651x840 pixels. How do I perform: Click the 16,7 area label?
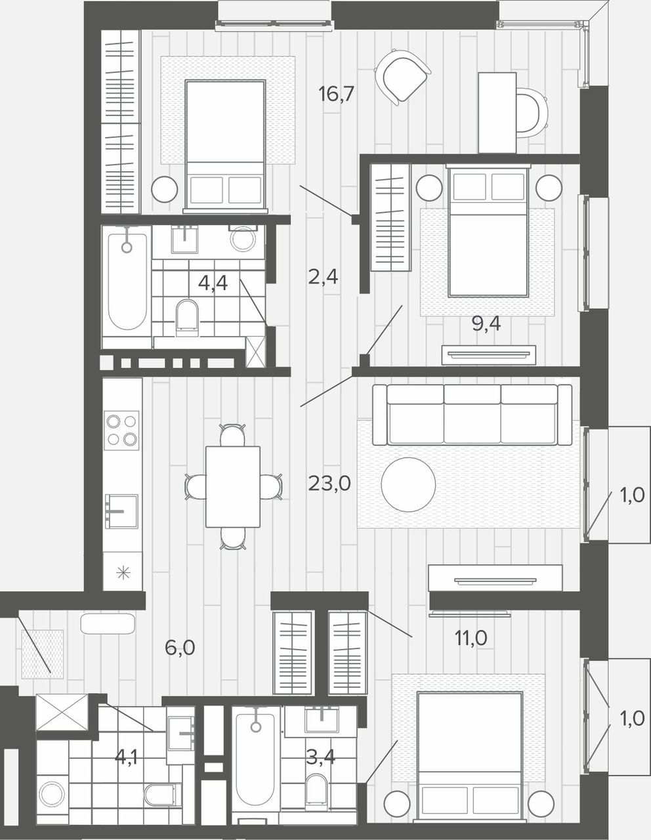tap(336, 94)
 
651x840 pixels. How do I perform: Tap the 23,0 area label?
tap(329, 483)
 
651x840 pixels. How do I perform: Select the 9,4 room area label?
tap(486, 324)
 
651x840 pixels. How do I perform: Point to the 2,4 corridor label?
tap(323, 277)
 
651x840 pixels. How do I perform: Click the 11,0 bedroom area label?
tap(471, 638)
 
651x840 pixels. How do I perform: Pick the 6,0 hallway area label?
tap(180, 648)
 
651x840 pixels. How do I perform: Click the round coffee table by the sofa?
tap(408, 485)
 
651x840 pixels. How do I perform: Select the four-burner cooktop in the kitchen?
tap(121, 430)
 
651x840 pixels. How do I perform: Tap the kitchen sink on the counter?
tap(121, 511)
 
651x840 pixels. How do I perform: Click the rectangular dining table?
tap(233, 487)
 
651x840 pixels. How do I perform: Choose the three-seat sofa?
tap(472, 414)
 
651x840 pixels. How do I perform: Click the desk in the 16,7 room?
tap(497, 113)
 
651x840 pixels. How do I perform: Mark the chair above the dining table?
tap(232, 434)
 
